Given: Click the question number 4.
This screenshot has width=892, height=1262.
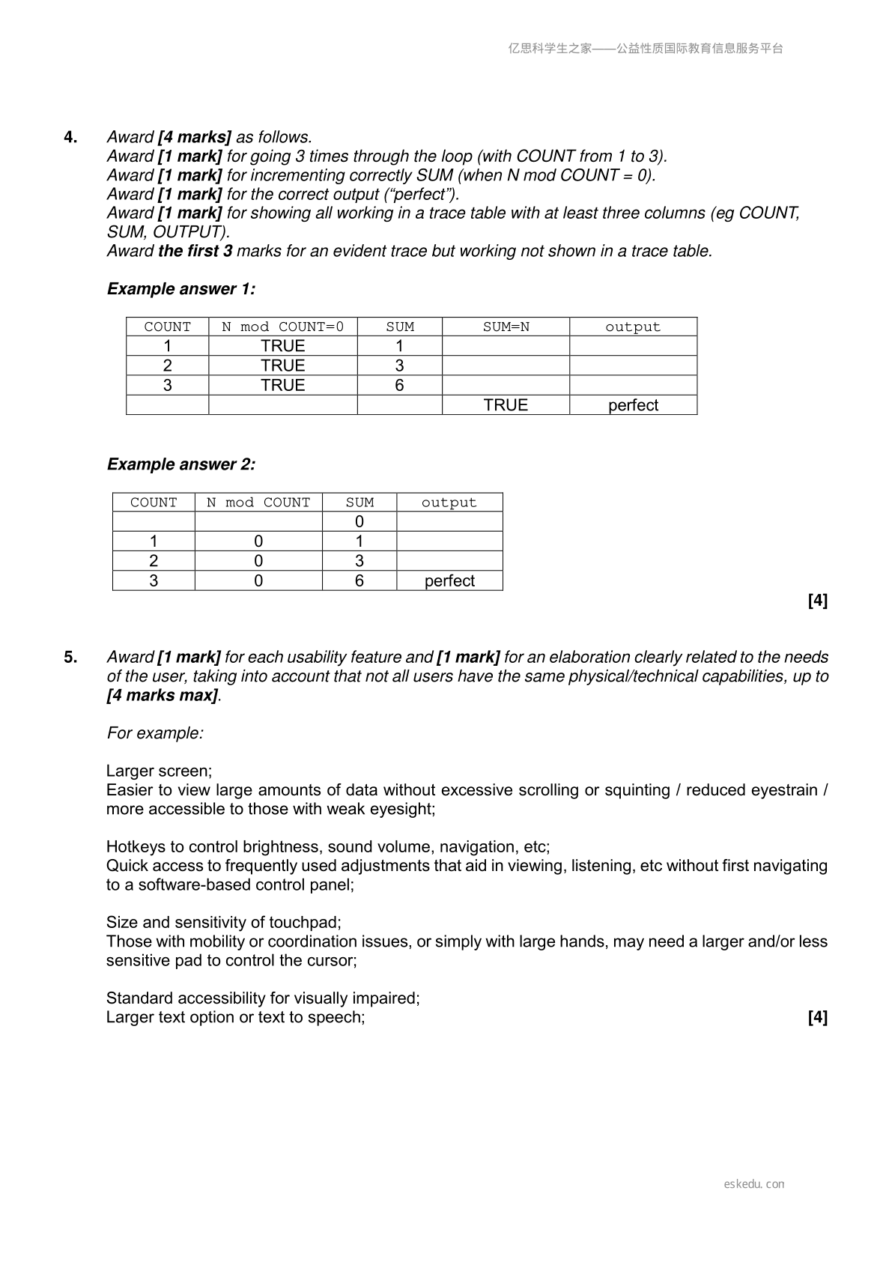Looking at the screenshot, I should (x=70, y=137).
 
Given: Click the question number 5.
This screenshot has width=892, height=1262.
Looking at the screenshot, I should (x=70, y=657).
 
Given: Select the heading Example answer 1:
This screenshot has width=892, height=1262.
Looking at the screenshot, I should (x=181, y=289).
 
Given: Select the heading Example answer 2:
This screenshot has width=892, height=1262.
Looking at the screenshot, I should (x=181, y=464).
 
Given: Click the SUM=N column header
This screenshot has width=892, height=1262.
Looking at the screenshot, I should (x=506, y=327).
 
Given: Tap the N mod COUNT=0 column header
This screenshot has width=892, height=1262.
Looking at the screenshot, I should (x=282, y=327).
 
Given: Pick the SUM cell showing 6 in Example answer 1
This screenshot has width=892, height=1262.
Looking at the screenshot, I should (x=399, y=385).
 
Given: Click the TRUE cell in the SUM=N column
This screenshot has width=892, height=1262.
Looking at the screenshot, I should (x=506, y=405).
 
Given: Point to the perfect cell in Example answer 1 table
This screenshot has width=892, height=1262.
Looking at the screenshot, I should (x=633, y=405).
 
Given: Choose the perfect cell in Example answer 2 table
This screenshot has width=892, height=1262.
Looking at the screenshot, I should (x=449, y=581).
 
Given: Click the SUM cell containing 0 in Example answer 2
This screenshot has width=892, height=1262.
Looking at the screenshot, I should (x=359, y=522).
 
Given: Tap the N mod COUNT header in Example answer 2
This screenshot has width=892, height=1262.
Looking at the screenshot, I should (x=258, y=503).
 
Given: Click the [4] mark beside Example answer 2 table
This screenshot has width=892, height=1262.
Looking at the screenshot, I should (x=818, y=601).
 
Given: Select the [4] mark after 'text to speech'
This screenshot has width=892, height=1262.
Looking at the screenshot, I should (x=818, y=1017).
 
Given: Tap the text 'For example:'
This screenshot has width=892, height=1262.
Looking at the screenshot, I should (x=155, y=733).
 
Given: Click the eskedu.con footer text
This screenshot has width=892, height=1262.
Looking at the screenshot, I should (x=754, y=1184).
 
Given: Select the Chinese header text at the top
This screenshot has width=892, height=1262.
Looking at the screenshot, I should (x=646, y=49).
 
